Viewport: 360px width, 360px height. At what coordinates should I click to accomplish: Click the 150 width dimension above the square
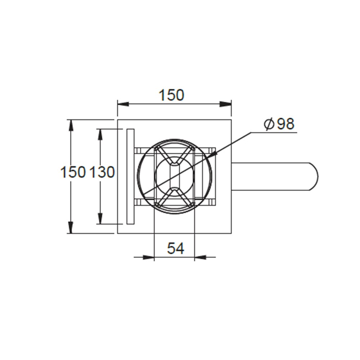171,95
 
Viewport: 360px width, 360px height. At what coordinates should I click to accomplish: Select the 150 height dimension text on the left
73,172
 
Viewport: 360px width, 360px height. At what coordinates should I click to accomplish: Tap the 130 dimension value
102,172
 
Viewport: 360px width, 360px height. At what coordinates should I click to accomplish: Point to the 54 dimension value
175,248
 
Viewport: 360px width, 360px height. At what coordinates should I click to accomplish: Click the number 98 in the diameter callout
285,124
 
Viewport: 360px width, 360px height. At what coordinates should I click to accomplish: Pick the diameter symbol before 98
269,125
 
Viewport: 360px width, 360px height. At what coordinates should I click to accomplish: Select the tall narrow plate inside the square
130,176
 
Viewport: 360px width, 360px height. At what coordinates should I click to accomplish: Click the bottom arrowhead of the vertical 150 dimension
71,228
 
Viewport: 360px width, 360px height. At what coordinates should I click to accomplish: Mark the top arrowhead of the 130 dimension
100,134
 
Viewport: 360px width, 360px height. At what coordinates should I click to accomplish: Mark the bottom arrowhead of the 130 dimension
100,219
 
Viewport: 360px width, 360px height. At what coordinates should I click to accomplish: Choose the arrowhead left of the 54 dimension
149,257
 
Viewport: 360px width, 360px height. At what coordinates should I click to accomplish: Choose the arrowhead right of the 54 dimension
200,257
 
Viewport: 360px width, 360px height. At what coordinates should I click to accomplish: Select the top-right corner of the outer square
231,120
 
